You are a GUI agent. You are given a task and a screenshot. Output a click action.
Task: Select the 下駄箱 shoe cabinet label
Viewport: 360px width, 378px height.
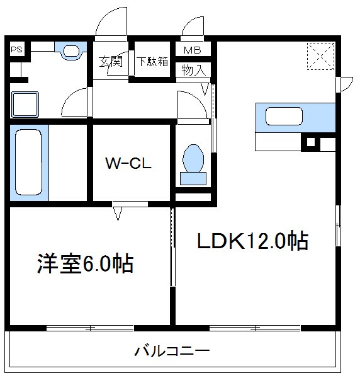click(x=153, y=62)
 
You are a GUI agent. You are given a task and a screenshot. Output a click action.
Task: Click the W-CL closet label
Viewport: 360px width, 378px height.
click(x=130, y=164)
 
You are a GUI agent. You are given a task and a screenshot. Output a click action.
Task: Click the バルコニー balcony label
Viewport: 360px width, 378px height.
click(x=171, y=351)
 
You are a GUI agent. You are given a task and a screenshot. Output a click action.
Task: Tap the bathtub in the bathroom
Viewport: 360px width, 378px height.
click(x=28, y=162)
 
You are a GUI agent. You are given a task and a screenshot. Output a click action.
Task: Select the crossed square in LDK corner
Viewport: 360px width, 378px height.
click(x=320, y=55)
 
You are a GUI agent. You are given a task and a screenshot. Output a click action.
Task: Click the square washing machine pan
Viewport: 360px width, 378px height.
click(x=25, y=103)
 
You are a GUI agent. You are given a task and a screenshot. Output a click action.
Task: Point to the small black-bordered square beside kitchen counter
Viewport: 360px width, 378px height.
click(x=310, y=143)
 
